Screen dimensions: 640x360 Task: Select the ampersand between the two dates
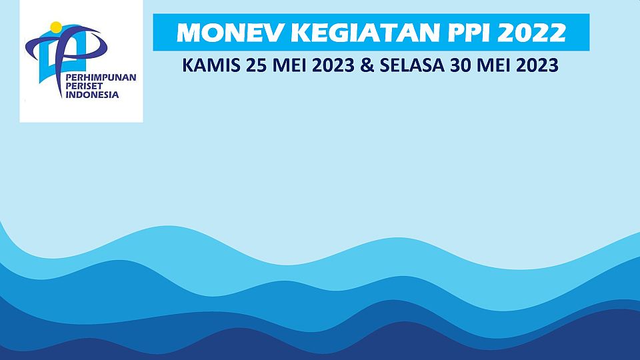point(367,65)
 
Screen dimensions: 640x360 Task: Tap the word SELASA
point(412,65)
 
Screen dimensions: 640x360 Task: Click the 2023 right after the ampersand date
point(537,65)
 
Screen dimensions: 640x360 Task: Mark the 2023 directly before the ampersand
point(333,65)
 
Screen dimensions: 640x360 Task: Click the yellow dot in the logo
point(56,27)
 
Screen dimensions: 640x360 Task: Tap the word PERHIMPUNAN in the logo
point(101,77)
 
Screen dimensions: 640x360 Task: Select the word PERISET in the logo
point(84,86)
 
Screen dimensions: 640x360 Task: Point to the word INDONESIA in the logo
point(92,95)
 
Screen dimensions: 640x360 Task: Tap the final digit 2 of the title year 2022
point(557,33)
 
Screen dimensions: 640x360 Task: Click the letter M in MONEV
point(188,33)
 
